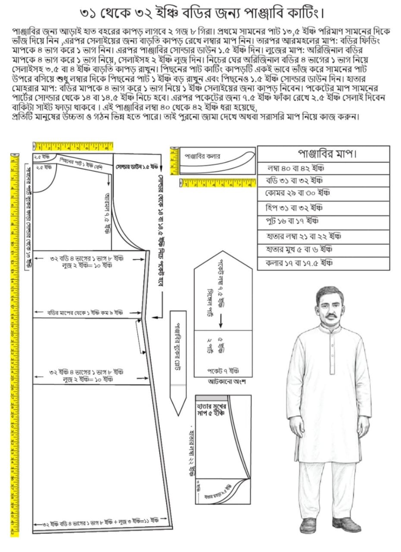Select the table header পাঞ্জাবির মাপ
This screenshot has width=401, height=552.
pos(323,153)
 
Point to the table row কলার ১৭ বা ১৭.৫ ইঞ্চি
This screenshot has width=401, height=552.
pos(298,263)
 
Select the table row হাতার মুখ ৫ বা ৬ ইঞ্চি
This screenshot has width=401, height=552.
pos(298,249)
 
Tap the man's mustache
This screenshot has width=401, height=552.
pos(329,316)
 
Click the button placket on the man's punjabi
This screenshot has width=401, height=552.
pos(331,349)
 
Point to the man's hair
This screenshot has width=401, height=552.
pos(328,293)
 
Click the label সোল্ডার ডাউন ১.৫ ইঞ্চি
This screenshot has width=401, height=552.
pos(137,166)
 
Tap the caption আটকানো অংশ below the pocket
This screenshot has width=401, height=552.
pos(224,382)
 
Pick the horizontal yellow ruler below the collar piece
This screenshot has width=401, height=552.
pos(216,184)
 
